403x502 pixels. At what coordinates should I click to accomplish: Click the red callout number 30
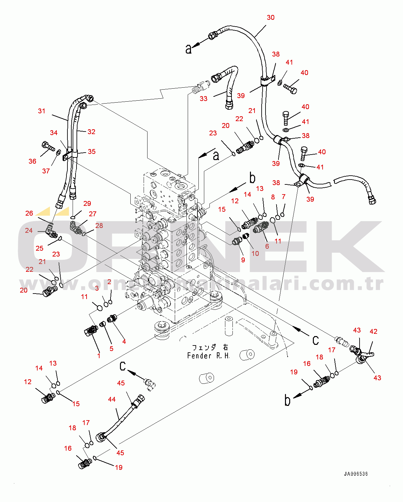[270, 18]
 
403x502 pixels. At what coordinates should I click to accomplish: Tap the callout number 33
[203, 99]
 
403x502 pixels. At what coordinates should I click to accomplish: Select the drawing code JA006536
[356, 474]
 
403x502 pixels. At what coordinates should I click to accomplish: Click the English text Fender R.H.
[208, 356]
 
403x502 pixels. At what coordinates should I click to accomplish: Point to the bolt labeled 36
[47, 146]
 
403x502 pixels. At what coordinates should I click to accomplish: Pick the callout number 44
[112, 399]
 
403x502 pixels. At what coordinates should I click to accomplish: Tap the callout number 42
[373, 332]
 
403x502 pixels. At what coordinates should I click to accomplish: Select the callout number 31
[41, 111]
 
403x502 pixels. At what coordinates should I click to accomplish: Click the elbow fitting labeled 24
[51, 232]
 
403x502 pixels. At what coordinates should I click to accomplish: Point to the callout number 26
[29, 213]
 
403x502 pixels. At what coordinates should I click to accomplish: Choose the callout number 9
[243, 260]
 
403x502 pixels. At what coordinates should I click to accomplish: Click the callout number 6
[267, 246]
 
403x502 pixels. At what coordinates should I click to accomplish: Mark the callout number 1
[99, 356]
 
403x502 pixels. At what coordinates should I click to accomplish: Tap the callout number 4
[124, 342]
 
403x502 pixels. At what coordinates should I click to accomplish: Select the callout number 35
[91, 152]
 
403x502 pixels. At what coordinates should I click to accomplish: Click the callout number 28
[99, 226]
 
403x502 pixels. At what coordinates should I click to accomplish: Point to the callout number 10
[255, 254]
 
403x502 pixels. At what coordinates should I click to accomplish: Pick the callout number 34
[54, 133]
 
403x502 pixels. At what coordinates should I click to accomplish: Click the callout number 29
[87, 204]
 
